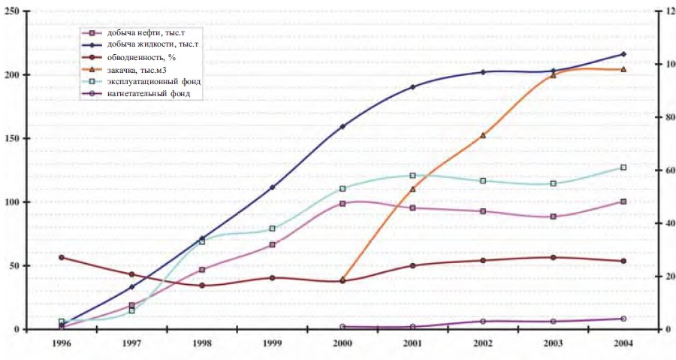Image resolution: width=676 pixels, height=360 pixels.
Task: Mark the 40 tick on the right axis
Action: click(664, 223)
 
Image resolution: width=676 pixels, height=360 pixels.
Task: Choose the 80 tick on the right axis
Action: click(664, 117)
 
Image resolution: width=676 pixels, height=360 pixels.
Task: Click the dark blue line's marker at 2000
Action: click(343, 126)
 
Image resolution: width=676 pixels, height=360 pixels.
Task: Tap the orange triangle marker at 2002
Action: click(483, 135)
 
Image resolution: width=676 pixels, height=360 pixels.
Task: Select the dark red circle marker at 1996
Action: click(62, 257)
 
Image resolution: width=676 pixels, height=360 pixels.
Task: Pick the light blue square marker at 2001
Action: click(412, 176)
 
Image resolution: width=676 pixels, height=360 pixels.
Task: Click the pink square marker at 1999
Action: click(273, 244)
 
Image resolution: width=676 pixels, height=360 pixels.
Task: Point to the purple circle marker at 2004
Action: click(623, 319)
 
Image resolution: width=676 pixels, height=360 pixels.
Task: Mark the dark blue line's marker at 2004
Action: click(623, 54)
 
